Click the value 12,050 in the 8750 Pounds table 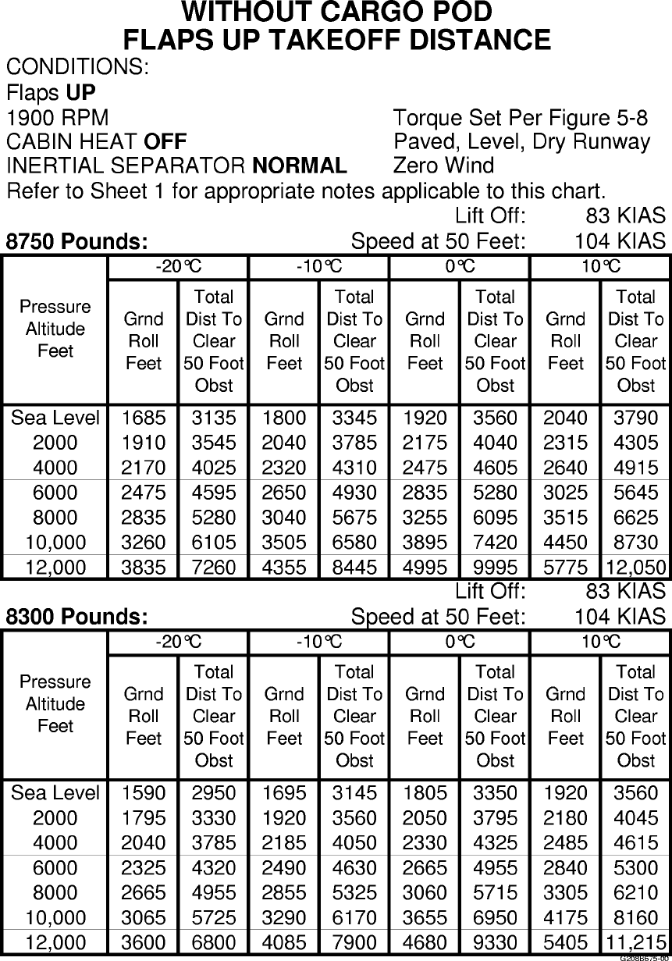click(635, 568)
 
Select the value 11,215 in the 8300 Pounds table click(635, 942)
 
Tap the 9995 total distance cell click(495, 568)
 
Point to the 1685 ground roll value click(144, 418)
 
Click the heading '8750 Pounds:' click(77, 242)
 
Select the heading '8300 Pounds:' click(77, 617)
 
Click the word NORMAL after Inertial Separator click(300, 166)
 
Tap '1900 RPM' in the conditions click(58, 119)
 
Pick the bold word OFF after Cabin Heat click(165, 142)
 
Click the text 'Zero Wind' click(443, 166)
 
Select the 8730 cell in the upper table click(635, 543)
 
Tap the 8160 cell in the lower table click(635, 917)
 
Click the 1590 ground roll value click(144, 792)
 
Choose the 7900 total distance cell click(354, 942)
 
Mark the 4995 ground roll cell click(425, 568)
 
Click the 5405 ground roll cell click(565, 942)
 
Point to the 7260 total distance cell click(214, 568)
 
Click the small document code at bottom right click(644, 957)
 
